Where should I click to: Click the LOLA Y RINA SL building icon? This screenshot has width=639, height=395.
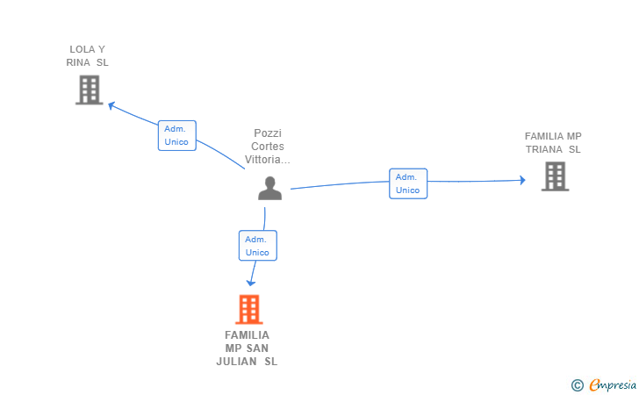click(x=89, y=90)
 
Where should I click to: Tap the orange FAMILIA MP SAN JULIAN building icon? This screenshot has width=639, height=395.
click(x=249, y=309)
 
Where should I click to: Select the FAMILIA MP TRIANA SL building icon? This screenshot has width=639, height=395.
click(x=555, y=176)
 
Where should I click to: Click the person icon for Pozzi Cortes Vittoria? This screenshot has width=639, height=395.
click(x=269, y=188)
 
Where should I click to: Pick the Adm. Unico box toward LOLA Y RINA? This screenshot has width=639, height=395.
click(x=176, y=135)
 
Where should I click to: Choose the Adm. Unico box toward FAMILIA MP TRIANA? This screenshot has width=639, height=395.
click(x=408, y=183)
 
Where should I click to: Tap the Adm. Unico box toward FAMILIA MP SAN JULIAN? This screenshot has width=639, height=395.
click(x=257, y=246)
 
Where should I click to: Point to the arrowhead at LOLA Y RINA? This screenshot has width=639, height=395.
click(x=111, y=104)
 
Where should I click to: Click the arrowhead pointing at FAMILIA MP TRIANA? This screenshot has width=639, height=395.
click(x=522, y=181)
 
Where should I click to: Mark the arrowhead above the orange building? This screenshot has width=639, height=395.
click(x=251, y=283)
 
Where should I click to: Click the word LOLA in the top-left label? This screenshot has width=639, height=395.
click(x=82, y=49)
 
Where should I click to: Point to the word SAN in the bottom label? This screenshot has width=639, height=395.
click(x=257, y=348)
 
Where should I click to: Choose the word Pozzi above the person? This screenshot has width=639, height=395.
click(x=268, y=133)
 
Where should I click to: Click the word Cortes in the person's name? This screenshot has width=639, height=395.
click(x=268, y=147)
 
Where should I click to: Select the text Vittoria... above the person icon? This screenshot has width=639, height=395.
click(x=268, y=160)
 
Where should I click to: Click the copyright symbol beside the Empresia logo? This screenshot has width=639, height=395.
click(x=577, y=384)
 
